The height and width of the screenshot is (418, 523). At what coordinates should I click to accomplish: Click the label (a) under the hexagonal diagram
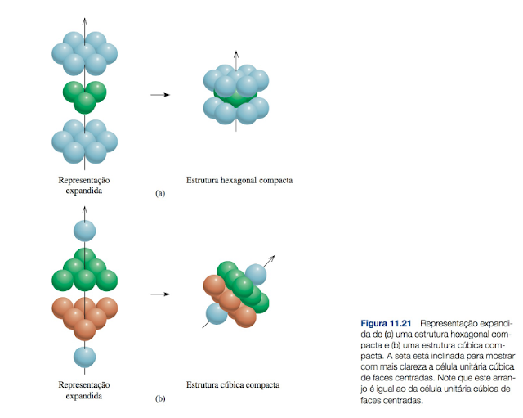pyautogui.click(x=160, y=194)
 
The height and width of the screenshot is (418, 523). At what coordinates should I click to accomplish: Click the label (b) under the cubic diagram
pyautogui.click(x=160, y=399)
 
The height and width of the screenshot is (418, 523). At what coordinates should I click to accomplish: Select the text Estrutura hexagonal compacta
pyautogui.click(x=239, y=179)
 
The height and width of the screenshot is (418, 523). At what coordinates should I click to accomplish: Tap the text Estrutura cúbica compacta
pyautogui.click(x=233, y=384)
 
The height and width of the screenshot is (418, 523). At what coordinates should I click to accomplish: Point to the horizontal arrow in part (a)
pyautogui.click(x=159, y=95)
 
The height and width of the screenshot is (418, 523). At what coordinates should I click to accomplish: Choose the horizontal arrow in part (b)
pyautogui.click(x=159, y=294)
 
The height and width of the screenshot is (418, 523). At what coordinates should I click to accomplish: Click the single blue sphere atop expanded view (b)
pyautogui.click(x=85, y=231)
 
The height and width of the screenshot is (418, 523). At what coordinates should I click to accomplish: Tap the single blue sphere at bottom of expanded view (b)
pyautogui.click(x=85, y=357)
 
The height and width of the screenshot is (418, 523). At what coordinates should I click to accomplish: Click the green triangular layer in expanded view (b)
pyautogui.click(x=85, y=269)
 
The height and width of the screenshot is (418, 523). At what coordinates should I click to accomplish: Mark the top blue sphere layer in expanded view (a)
pyautogui.click(x=85, y=53)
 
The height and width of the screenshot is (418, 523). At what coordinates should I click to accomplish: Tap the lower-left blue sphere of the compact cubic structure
pyautogui.click(x=217, y=312)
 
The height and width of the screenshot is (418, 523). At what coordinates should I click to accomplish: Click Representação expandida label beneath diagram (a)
pyautogui.click(x=85, y=184)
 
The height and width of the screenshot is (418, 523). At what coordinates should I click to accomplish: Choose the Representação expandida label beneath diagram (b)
pyautogui.click(x=85, y=389)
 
